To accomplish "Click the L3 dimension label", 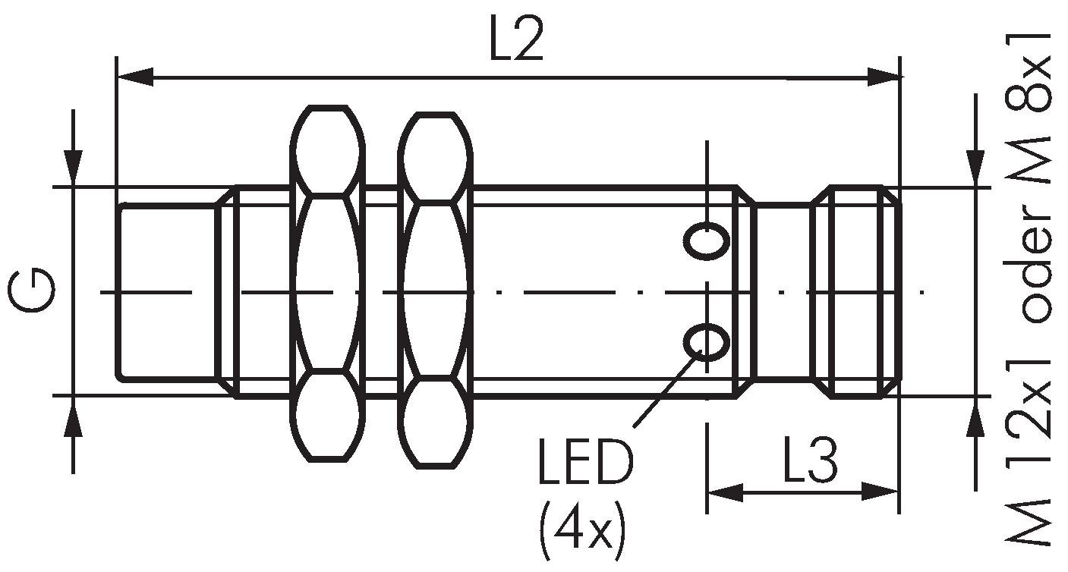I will pyautogui.click(x=809, y=460).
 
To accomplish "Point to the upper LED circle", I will pyautogui.click(x=707, y=241).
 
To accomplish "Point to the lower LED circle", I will pyautogui.click(x=707, y=341).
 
